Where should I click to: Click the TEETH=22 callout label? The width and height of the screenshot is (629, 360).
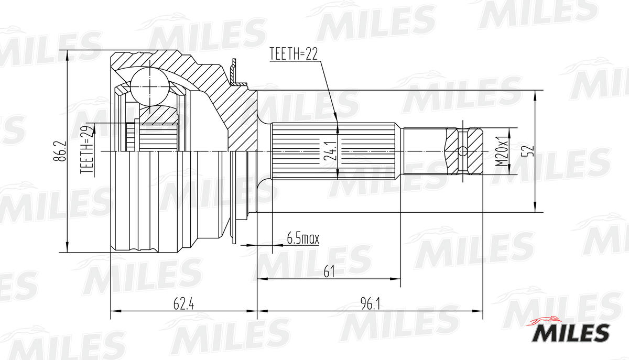[x=294, y=54]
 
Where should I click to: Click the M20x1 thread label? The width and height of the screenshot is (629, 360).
[x=502, y=151]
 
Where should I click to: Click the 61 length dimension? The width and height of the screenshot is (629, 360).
[x=329, y=271]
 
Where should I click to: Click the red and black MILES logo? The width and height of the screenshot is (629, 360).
[x=571, y=330]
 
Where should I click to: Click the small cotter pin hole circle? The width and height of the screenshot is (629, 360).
[x=462, y=151]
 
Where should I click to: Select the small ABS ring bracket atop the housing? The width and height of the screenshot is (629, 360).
[x=235, y=74]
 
